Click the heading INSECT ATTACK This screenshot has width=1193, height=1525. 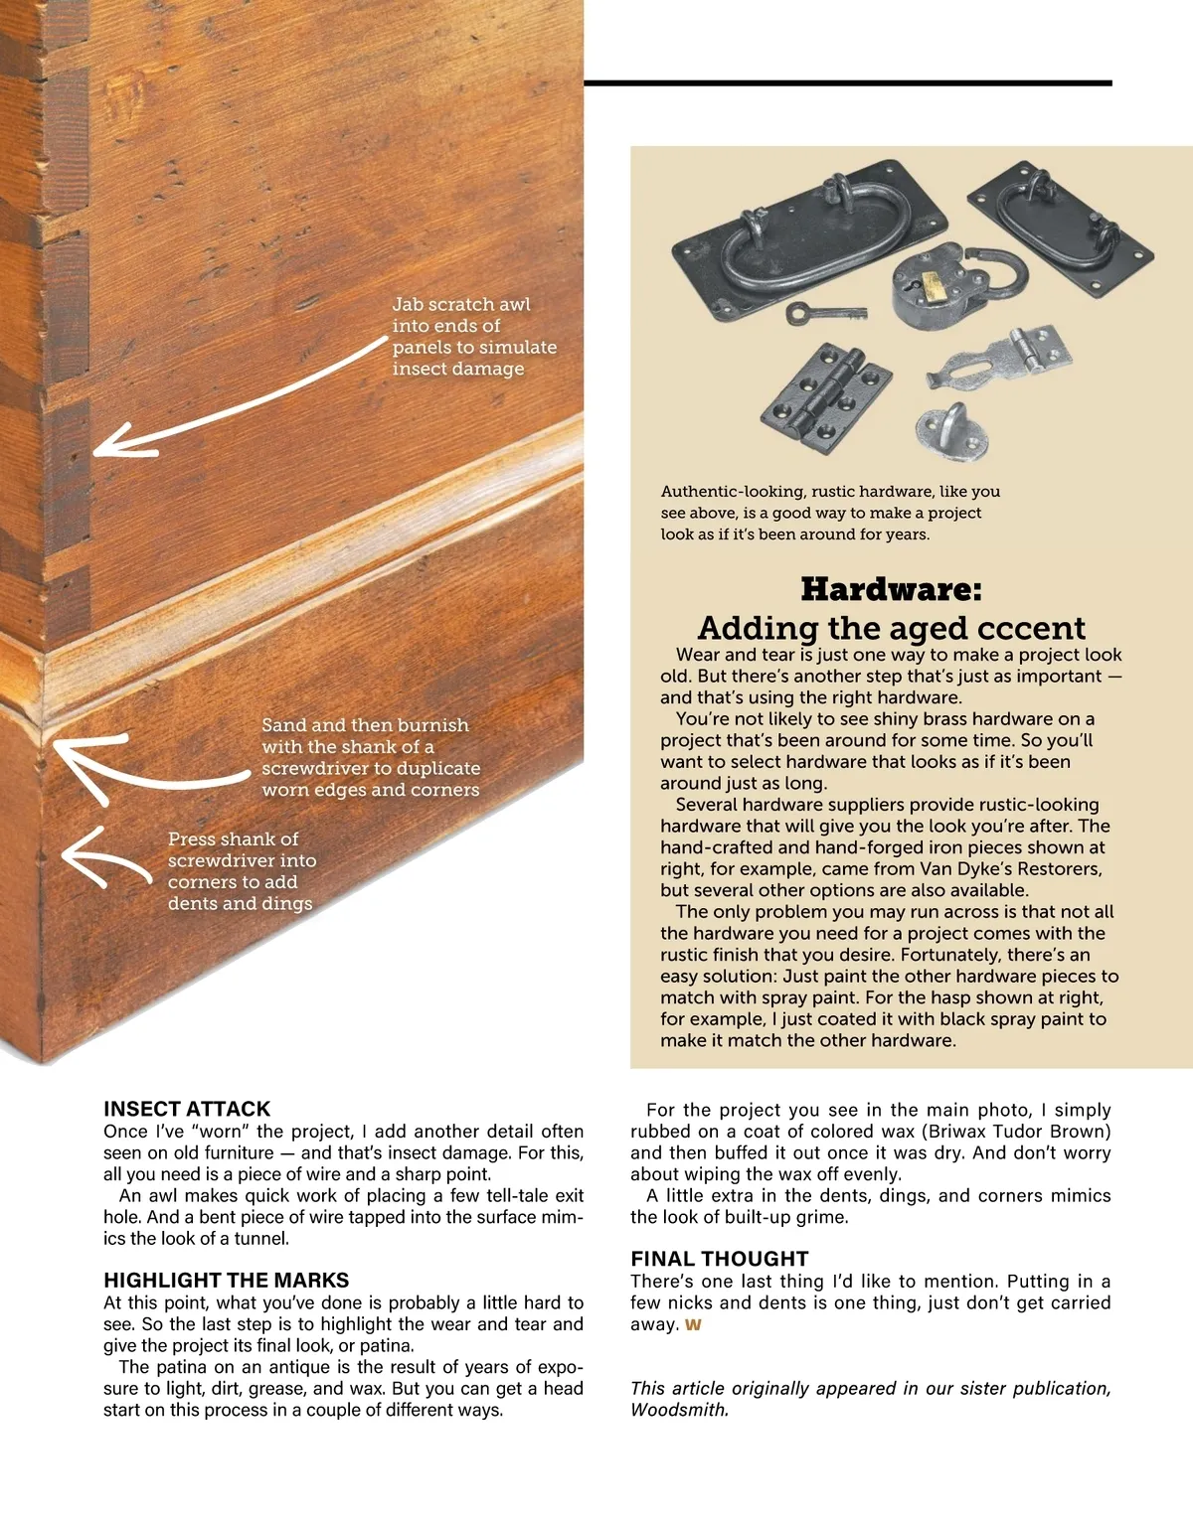point(187,1109)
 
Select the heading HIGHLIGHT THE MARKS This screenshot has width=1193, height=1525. point(227,1280)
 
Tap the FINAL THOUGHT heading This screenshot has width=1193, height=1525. point(720,1259)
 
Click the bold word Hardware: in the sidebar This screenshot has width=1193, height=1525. point(891,589)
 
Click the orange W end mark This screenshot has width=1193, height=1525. point(693,1324)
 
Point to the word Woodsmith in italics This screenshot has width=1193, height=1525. point(678,1410)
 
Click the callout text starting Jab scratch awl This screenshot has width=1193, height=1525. point(473,336)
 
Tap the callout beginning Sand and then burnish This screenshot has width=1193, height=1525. point(370,757)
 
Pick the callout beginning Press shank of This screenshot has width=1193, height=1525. point(240,871)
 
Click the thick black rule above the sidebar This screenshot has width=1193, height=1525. point(847,83)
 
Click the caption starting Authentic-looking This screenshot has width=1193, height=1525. point(830,513)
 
